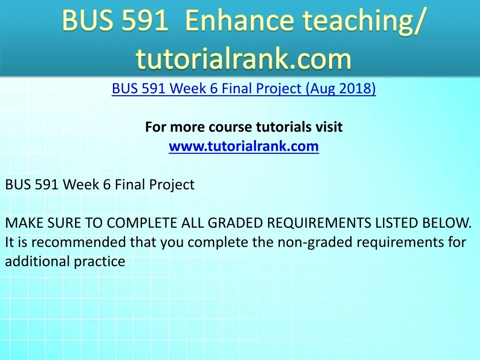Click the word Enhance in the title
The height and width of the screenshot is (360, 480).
239,20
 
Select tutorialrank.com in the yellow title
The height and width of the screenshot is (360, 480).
244,58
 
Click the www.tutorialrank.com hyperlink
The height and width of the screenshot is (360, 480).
244,146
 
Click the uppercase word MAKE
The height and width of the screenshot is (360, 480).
24,223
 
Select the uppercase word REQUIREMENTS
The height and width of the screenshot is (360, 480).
319,223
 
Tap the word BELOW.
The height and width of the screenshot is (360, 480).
447,223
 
